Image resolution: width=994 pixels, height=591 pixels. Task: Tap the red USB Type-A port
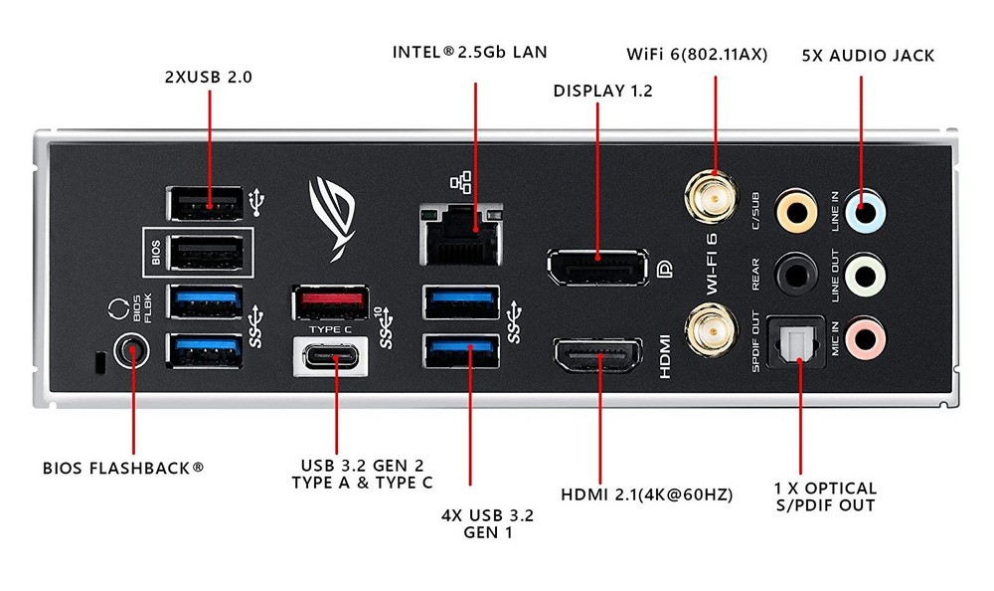[x=331, y=301]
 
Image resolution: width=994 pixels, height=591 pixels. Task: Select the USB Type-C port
[x=331, y=357]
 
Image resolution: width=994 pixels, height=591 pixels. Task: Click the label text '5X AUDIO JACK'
[x=868, y=56]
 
